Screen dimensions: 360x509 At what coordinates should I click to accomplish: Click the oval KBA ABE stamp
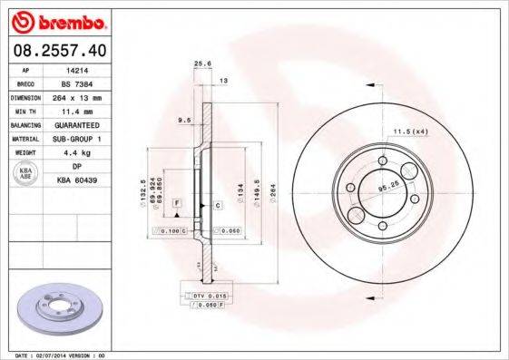(x=25, y=175)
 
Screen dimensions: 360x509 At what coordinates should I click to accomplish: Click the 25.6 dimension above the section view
(x=203, y=63)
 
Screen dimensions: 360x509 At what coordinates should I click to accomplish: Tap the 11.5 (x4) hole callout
(x=409, y=131)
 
